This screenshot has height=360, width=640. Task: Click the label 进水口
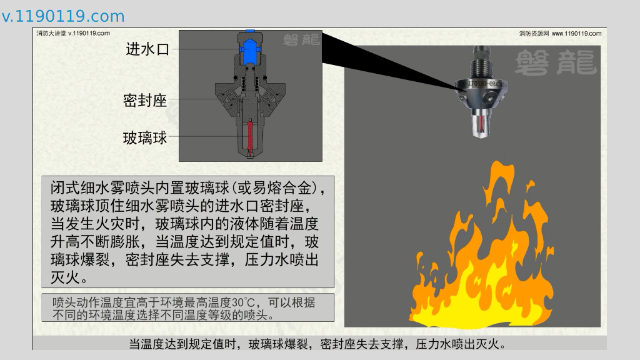(x=147, y=49)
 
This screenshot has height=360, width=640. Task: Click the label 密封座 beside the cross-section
(x=145, y=100)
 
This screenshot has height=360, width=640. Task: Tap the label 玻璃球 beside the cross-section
(x=145, y=138)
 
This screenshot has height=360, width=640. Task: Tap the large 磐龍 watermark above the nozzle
(x=556, y=62)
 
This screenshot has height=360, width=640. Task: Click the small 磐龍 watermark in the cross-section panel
(x=301, y=39)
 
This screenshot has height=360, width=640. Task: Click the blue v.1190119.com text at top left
(x=63, y=16)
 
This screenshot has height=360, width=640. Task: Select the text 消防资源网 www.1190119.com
(x=560, y=34)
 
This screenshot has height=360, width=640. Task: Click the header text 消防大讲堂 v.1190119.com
(x=73, y=33)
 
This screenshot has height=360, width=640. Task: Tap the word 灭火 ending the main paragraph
(x=65, y=277)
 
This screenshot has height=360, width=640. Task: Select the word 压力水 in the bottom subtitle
(x=436, y=344)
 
